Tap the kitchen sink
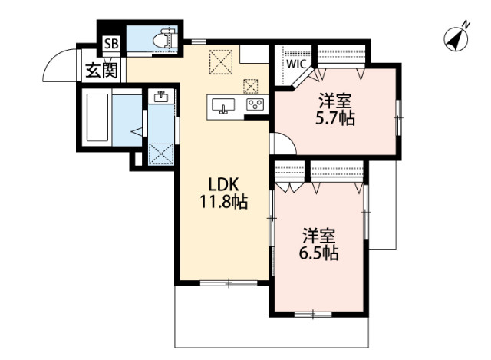pos(224,106)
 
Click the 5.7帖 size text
pos(335,119)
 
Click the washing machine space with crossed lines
pos(161,153)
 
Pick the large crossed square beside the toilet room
pos(223,61)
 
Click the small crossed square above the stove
pos(251,85)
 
